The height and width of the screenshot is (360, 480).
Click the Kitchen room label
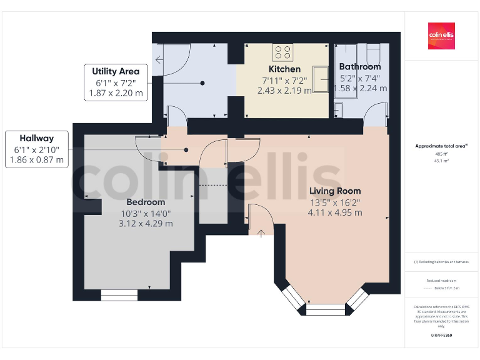(284, 69)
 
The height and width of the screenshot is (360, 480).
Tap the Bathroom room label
(359, 66)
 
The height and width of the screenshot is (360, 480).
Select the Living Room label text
(335, 191)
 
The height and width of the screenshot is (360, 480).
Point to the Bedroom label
(146, 202)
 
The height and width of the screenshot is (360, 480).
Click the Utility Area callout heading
(116, 71)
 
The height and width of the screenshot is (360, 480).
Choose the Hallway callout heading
(36, 138)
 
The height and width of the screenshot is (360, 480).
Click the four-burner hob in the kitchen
(282, 51)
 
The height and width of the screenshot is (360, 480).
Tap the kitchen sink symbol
(321, 79)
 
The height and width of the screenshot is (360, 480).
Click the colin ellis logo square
(441, 36)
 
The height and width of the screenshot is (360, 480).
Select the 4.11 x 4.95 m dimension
(335, 212)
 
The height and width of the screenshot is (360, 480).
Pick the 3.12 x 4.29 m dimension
(146, 223)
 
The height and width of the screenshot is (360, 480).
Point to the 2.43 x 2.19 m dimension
(284, 90)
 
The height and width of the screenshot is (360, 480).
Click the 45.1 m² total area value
(442, 160)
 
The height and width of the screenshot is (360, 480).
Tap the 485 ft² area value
(442, 153)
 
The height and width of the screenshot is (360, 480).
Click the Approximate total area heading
(441, 146)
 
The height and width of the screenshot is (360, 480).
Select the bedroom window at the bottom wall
(119, 295)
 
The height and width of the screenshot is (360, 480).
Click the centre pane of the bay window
(326, 309)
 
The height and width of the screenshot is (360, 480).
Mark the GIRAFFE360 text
(441, 336)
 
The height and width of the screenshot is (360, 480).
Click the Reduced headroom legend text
(441, 281)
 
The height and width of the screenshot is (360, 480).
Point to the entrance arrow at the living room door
(261, 233)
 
